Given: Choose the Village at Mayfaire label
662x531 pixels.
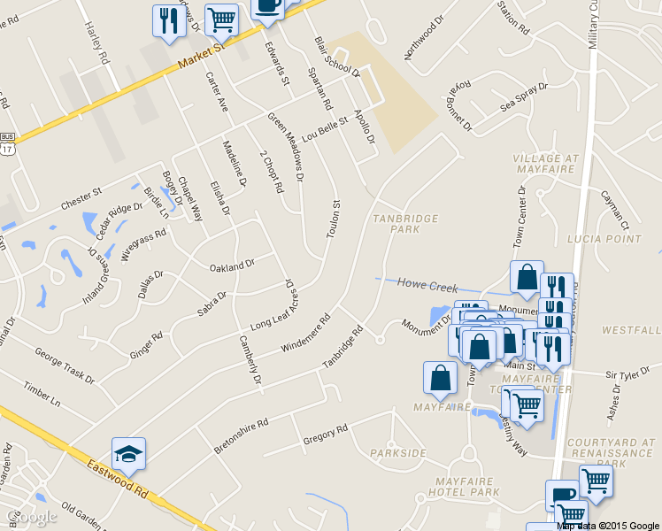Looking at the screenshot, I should (x=545, y=165).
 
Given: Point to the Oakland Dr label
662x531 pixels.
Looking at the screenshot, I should (x=232, y=265).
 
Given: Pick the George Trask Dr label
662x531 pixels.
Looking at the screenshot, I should (x=64, y=365).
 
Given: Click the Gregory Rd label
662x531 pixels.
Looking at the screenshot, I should (x=325, y=433).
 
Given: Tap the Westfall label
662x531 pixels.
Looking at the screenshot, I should (x=630, y=330).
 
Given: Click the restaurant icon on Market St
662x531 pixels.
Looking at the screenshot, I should (x=166, y=22).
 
